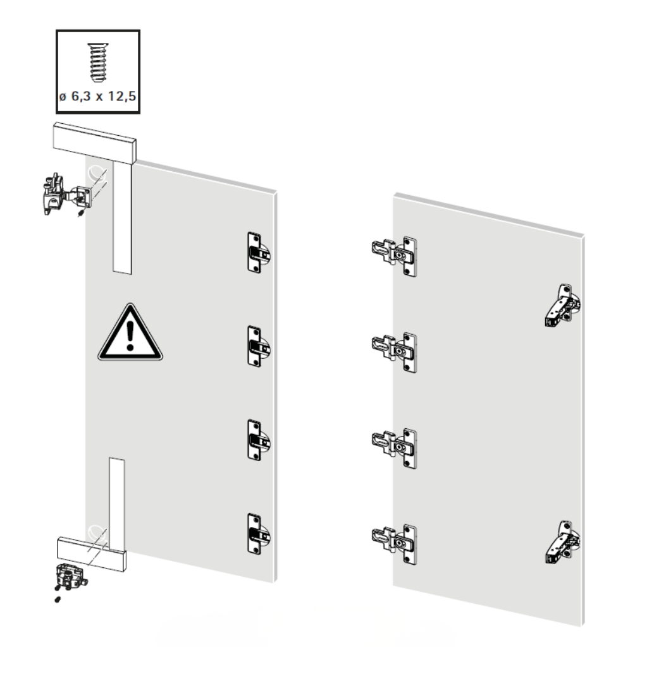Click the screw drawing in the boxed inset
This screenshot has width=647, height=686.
point(97,62)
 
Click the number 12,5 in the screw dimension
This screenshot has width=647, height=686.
point(122,96)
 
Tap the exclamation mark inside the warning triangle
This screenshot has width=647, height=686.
point(130,335)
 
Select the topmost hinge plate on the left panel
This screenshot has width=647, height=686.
point(259,253)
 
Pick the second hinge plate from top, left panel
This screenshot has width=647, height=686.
point(259,346)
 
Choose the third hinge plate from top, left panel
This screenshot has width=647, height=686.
point(259,440)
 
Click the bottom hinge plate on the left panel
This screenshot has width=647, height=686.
point(259,534)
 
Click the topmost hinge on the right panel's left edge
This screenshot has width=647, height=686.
point(394,256)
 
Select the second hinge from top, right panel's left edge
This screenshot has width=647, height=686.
point(394,352)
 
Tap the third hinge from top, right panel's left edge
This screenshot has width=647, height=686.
point(394,448)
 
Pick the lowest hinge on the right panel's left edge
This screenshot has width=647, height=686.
point(394,545)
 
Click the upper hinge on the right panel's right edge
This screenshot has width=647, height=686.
point(562,305)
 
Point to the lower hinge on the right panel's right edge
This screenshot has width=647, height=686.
point(562,542)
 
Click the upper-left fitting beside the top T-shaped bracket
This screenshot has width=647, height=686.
point(66,195)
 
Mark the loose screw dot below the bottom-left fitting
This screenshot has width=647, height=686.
point(58,599)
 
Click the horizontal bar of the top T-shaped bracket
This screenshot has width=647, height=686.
point(95,143)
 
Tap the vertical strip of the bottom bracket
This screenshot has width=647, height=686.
point(117,503)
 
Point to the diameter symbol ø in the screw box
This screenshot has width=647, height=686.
point(63,97)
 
